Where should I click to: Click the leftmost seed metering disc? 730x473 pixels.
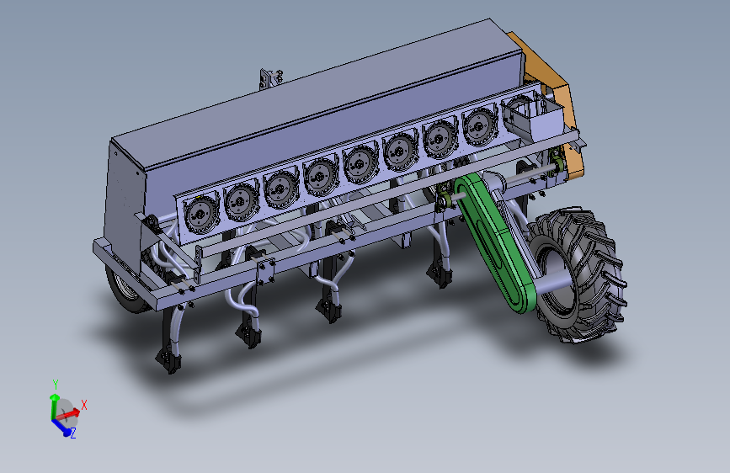click(x=201, y=214)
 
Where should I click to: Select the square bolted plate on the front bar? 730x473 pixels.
click(x=266, y=271)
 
